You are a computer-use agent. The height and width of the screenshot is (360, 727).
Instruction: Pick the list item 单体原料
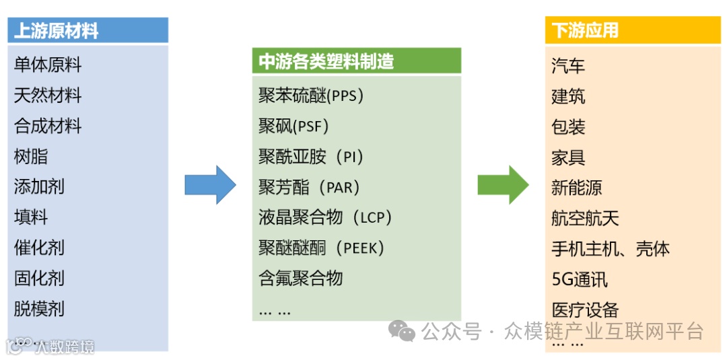point(48,65)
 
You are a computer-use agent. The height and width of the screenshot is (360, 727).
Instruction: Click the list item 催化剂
point(39,248)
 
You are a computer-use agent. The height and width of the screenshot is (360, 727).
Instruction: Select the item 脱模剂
point(39,309)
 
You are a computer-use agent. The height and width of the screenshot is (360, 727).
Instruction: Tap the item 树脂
point(31,157)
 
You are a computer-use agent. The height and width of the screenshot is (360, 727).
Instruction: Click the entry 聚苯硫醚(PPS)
point(311,96)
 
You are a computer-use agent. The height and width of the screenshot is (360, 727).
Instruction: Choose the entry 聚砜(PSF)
point(293,126)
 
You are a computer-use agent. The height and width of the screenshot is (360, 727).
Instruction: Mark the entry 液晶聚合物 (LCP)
point(325,217)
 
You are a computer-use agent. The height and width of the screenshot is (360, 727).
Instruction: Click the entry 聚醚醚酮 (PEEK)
point(321,248)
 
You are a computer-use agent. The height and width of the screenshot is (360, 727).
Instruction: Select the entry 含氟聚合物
point(300,278)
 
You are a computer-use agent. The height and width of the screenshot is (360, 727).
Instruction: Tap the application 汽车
point(568,66)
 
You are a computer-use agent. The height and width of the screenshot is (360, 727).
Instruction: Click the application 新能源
point(576,188)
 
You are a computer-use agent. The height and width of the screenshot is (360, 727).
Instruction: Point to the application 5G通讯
point(580,279)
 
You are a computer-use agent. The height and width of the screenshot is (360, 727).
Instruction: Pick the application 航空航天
point(585,218)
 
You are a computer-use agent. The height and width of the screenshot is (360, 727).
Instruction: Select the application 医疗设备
point(585,310)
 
